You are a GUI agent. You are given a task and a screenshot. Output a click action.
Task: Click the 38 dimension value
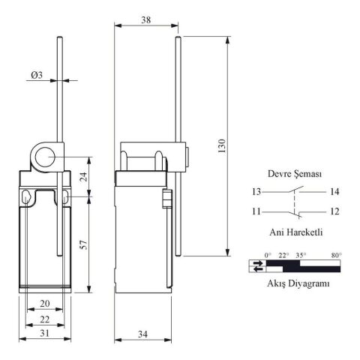point(146,19)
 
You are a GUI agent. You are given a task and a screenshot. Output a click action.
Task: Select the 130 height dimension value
point(222,146)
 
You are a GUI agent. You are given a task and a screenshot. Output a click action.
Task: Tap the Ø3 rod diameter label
point(37,75)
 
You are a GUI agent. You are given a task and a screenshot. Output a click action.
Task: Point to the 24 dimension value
point(85,177)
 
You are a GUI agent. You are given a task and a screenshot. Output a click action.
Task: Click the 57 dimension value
point(85,244)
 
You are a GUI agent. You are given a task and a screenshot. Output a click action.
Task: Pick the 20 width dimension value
point(45,304)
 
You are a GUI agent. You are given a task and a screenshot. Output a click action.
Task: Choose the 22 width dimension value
point(45,319)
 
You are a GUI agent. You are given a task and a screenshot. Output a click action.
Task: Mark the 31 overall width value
point(45,333)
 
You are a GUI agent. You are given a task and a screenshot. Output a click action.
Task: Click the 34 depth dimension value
point(142,334)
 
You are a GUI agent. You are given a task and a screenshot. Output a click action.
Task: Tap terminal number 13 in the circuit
point(256,192)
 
